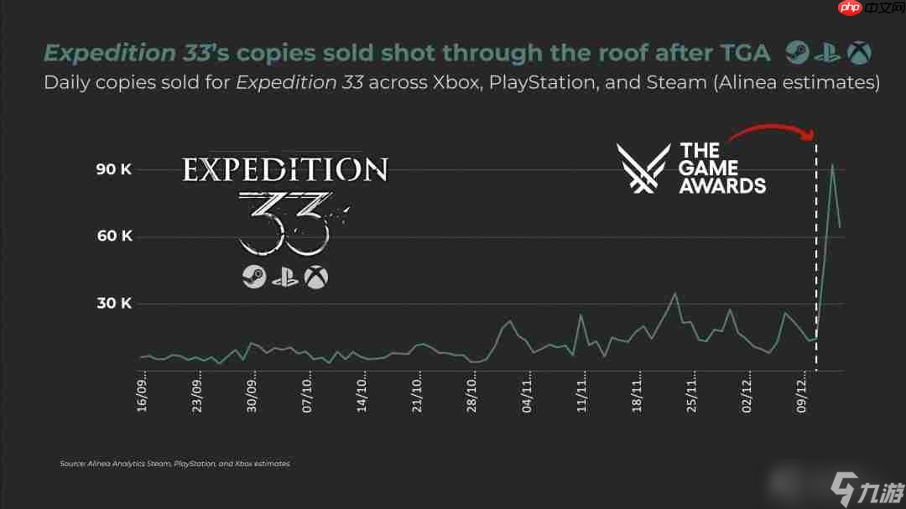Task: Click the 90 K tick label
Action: tap(114, 169)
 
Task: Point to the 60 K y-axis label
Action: tap(114, 236)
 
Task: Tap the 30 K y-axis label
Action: tap(114, 304)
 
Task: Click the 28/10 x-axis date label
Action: tap(473, 392)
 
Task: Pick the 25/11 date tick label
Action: tap(693, 392)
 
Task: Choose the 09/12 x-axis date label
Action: tap(803, 392)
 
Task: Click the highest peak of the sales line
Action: tap(831, 164)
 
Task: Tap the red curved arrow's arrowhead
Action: tap(812, 136)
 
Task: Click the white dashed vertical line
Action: tap(816, 252)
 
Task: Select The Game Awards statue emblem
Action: tap(643, 168)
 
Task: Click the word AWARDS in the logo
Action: tap(722, 185)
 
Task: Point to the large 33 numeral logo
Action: tap(284, 222)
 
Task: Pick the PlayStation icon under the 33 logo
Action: tap(285, 277)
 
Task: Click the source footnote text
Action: tap(174, 463)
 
